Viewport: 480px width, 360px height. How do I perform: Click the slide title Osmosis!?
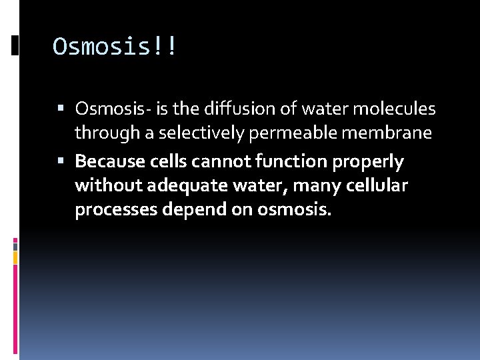(115, 47)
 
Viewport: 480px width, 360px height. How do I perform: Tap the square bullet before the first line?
(61, 108)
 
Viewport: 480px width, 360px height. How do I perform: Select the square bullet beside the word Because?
(61, 161)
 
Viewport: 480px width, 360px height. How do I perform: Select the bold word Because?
(109, 161)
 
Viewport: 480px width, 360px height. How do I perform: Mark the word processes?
(111, 211)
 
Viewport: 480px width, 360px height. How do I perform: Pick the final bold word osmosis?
(293, 211)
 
